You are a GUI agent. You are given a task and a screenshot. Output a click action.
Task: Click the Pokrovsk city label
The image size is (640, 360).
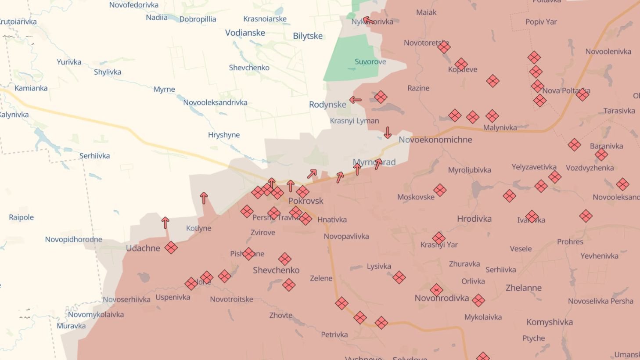[306, 201]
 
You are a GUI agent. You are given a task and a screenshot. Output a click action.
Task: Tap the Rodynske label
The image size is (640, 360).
[327, 104]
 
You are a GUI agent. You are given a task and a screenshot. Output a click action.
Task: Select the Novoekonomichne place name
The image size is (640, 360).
[435, 140]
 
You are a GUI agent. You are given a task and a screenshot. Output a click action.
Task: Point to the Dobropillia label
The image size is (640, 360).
[198, 19]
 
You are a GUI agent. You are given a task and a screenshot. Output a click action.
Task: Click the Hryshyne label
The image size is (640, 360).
[224, 135]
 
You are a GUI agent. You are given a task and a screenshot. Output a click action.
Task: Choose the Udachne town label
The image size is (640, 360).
[143, 248]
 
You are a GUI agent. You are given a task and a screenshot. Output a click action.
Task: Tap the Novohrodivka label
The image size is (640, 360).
[442, 298]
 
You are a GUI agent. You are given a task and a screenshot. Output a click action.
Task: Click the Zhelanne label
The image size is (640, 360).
[523, 288]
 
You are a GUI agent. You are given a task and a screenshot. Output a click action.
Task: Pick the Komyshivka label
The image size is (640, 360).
[550, 322]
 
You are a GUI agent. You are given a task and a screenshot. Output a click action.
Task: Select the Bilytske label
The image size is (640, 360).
[308, 36]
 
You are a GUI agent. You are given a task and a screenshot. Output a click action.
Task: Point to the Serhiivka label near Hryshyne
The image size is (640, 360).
[94, 156]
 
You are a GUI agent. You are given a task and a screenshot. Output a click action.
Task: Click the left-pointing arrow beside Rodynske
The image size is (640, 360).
[356, 100]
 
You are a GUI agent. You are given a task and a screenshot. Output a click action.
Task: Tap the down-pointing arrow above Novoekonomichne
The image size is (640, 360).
[388, 133]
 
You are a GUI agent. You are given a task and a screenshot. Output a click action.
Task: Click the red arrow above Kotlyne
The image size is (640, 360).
[204, 198]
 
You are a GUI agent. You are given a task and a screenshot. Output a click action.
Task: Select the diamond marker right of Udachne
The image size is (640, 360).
[171, 248]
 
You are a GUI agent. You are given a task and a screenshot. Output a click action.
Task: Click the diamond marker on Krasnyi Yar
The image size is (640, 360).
[439, 238]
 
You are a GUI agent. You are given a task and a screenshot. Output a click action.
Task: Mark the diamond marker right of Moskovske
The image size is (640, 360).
[440, 190]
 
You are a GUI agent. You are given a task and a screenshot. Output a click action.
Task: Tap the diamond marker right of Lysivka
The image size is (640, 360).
[399, 277]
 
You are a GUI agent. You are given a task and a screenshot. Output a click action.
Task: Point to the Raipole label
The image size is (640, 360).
[21, 217]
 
